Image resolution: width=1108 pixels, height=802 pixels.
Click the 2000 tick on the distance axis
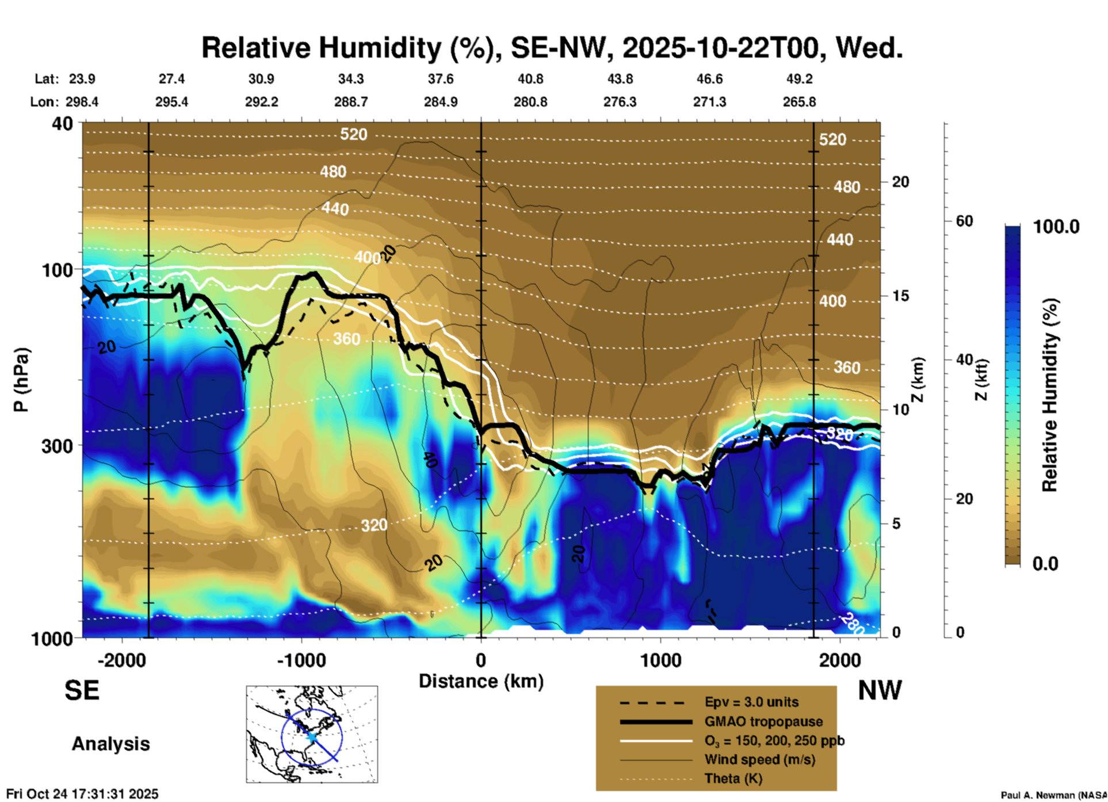pos(840,660)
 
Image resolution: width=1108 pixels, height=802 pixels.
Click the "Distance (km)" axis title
pos(481,681)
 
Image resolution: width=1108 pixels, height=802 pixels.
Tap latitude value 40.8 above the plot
pos(530,79)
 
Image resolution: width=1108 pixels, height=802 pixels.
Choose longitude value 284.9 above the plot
pos(441,102)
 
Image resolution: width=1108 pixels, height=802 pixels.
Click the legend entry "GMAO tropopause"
pos(763,721)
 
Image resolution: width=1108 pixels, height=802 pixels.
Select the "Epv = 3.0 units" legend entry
pos(751,702)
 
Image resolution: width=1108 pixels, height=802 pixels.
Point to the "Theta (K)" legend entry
pos(733,778)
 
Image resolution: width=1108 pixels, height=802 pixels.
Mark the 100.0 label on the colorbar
pos(1056,227)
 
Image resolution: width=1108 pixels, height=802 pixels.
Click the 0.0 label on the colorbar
pos(1045,563)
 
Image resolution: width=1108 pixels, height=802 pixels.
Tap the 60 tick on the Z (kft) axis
pos(964,221)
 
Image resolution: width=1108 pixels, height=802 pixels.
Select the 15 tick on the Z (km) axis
pos(900,296)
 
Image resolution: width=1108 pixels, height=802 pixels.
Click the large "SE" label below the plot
pos(82,690)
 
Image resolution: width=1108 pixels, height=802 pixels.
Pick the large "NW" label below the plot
pos(880,690)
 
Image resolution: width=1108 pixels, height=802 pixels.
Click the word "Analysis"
pos(110,744)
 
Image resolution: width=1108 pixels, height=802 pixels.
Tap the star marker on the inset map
pos(311,736)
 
